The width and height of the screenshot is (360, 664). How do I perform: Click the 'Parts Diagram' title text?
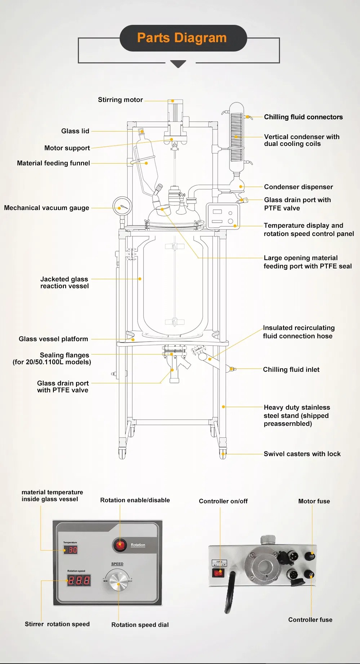click(182, 38)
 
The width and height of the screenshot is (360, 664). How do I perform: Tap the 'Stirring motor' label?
click(120, 100)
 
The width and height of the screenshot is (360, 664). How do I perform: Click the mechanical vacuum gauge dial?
click(122, 206)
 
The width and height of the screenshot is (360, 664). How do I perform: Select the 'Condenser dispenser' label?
click(298, 187)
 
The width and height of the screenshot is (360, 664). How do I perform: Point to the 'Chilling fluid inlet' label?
click(291, 370)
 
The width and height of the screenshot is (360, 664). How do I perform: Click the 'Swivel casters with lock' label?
click(302, 454)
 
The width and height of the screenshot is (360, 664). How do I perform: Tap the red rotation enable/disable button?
click(120, 545)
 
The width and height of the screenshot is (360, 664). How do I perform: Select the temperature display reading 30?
click(71, 550)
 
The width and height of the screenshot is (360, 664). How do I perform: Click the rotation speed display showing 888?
click(79, 580)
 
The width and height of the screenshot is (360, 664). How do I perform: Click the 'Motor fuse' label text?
click(314, 501)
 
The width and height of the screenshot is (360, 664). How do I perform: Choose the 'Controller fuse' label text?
click(310, 620)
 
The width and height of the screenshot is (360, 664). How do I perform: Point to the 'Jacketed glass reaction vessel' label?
click(65, 282)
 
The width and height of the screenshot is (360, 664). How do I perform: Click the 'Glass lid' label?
click(75, 131)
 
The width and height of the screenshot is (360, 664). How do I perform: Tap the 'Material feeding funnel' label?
click(53, 163)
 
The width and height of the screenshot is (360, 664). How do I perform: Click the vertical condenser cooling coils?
click(236, 137)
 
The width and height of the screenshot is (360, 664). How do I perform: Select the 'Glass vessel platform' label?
click(53, 339)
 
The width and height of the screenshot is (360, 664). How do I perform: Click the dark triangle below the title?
click(178, 64)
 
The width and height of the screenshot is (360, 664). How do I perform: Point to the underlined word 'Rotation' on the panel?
click(138, 545)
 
